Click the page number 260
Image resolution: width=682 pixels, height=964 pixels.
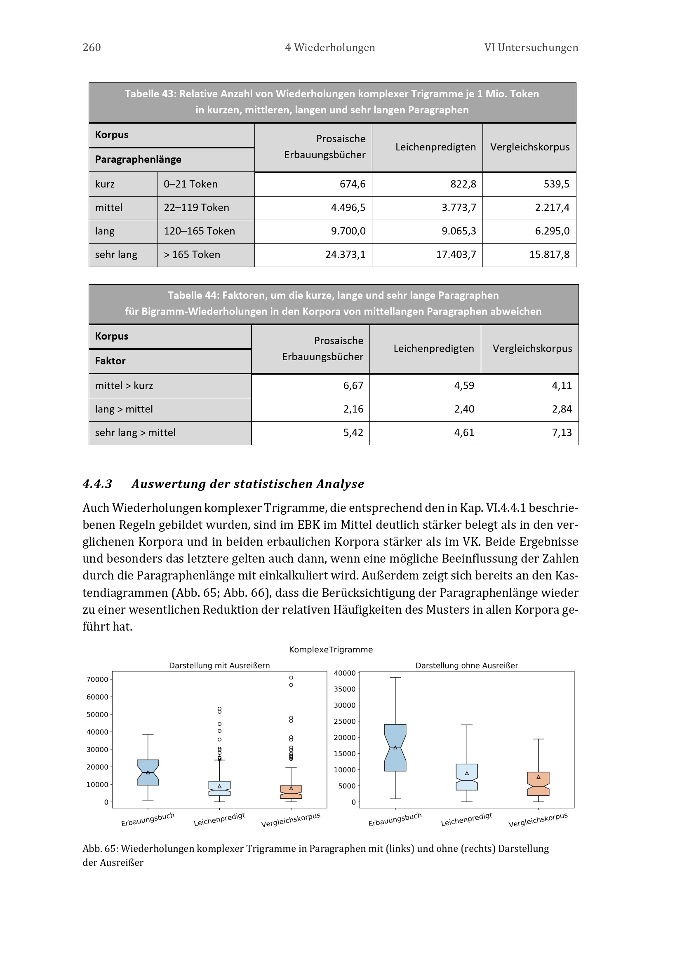click(92, 47)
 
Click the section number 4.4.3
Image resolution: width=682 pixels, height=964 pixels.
click(97, 484)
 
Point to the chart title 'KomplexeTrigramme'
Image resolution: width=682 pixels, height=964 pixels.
click(331, 650)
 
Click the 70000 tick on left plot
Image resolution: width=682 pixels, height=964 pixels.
click(97, 679)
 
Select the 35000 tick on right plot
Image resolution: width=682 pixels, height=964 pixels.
click(344, 689)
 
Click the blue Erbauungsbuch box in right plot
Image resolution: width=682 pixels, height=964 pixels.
click(395, 747)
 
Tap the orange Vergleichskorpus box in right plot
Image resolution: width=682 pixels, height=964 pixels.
click(538, 783)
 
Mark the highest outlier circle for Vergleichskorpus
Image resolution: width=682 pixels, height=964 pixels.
click(291, 678)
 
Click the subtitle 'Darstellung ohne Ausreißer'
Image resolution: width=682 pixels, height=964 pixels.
click(467, 666)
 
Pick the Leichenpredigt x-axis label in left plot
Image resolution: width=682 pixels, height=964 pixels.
click(219, 819)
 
